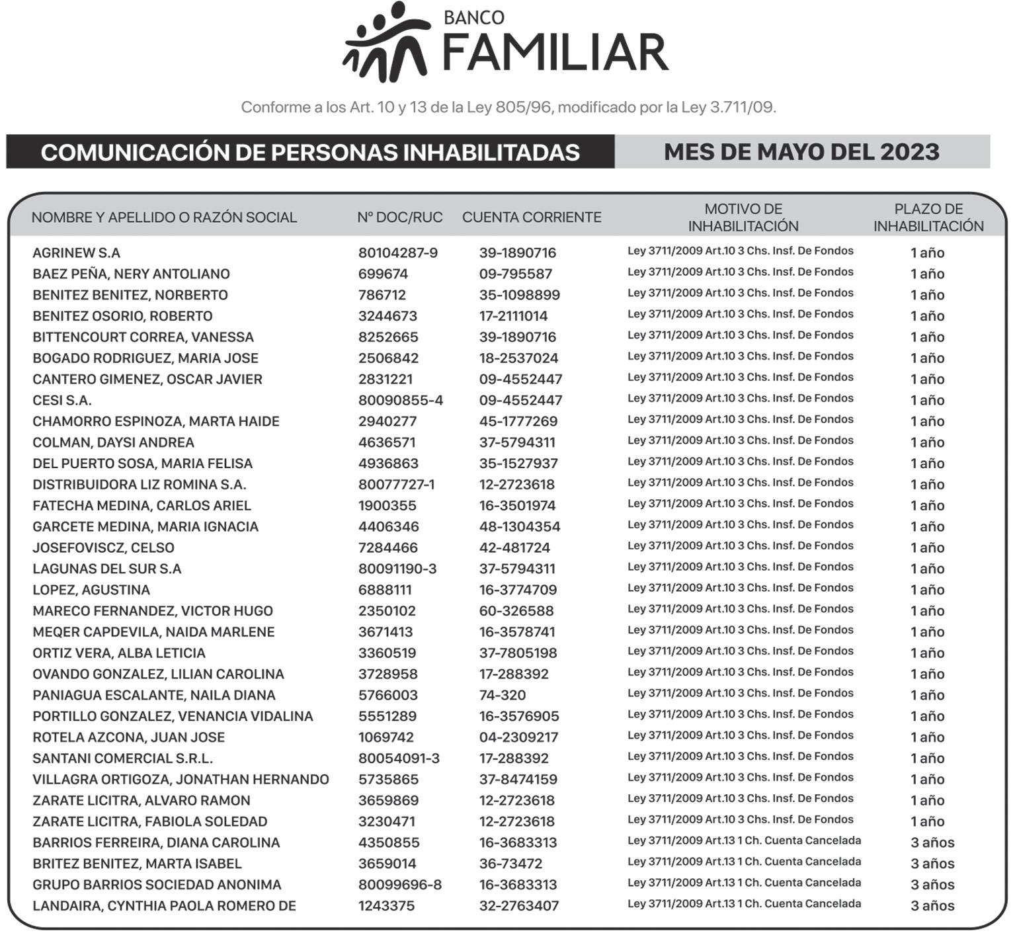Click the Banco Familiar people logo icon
tap(386, 42)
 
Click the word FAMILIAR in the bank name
tap(555, 53)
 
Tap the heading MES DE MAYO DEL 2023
tap(801, 152)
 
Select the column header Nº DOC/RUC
tap(399, 218)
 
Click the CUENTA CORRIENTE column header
tap(532, 218)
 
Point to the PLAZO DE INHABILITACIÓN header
tap(928, 218)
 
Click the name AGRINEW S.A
tap(76, 253)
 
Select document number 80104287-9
tap(397, 253)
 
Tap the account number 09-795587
tap(515, 274)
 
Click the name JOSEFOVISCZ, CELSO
tap(103, 548)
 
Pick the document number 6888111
tap(385, 590)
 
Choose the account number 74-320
tap(503, 695)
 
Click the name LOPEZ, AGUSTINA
tap(91, 590)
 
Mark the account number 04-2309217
tap(518, 737)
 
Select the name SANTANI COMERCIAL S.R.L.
tap(122, 758)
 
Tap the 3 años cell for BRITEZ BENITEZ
tap(932, 864)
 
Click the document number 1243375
tap(386, 906)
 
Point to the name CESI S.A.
tap(62, 400)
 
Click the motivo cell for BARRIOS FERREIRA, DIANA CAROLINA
tap(744, 841)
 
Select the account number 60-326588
tap(516, 611)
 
